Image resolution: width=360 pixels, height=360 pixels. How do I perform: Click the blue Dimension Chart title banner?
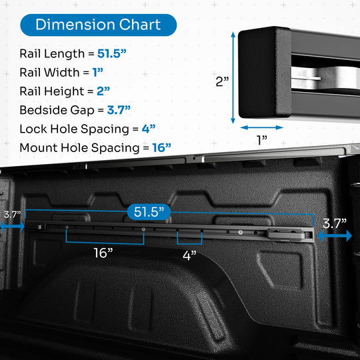click(x=98, y=25)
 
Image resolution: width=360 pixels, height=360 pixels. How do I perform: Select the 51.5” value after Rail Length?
click(x=112, y=54)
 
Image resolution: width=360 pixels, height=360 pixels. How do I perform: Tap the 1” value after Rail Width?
click(x=97, y=73)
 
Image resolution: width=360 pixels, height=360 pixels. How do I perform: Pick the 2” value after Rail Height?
click(x=103, y=91)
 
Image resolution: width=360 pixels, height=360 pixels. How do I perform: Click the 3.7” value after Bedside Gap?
click(x=119, y=110)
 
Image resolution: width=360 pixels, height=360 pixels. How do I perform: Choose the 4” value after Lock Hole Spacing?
click(x=149, y=129)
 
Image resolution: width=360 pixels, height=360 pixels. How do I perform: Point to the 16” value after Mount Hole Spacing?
click(x=161, y=147)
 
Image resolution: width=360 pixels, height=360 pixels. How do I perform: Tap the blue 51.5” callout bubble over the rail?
click(x=149, y=212)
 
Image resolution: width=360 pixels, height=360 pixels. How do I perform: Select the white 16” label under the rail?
click(x=103, y=253)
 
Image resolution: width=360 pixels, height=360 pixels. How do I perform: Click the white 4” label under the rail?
click(x=189, y=255)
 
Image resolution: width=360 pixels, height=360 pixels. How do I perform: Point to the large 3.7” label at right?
click(x=335, y=223)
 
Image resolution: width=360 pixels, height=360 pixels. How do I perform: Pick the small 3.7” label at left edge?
click(x=12, y=215)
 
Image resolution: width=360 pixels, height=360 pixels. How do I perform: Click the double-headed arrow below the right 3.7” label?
click(x=335, y=235)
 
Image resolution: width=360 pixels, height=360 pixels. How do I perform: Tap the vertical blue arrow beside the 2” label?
click(x=233, y=77)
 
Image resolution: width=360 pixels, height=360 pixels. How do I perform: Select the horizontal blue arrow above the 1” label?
click(x=262, y=127)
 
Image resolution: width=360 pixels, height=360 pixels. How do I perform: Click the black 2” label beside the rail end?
click(x=222, y=81)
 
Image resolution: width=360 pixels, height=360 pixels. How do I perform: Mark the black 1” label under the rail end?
click(x=262, y=140)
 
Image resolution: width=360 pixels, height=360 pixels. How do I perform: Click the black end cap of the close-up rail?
click(x=265, y=72)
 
